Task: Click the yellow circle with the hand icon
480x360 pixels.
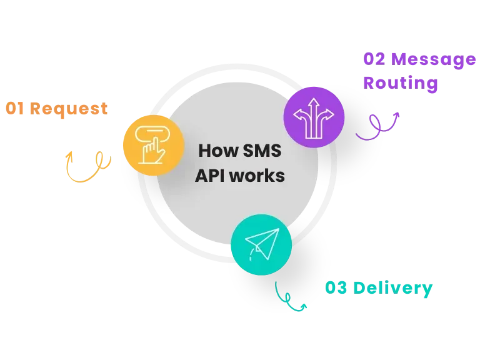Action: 153,145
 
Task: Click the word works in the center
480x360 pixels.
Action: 257,176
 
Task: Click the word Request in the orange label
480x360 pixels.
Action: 69,108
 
